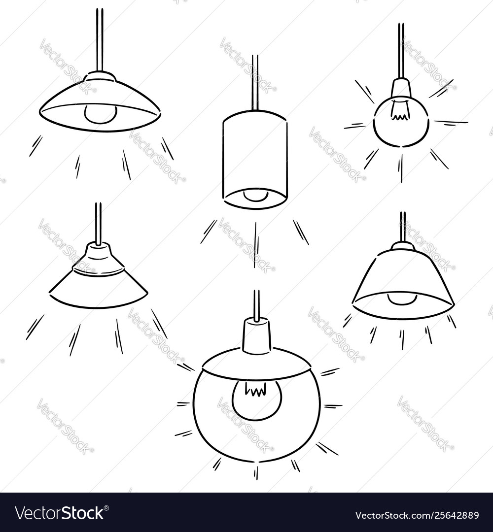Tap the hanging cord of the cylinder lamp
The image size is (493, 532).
[255, 81]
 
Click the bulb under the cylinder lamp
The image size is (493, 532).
[255, 196]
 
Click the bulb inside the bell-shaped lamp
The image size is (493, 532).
[402, 299]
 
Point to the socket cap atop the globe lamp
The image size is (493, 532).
[256, 335]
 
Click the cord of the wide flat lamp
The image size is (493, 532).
[100, 39]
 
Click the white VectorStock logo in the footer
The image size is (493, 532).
[59, 513]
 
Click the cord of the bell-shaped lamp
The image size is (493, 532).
[403, 227]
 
